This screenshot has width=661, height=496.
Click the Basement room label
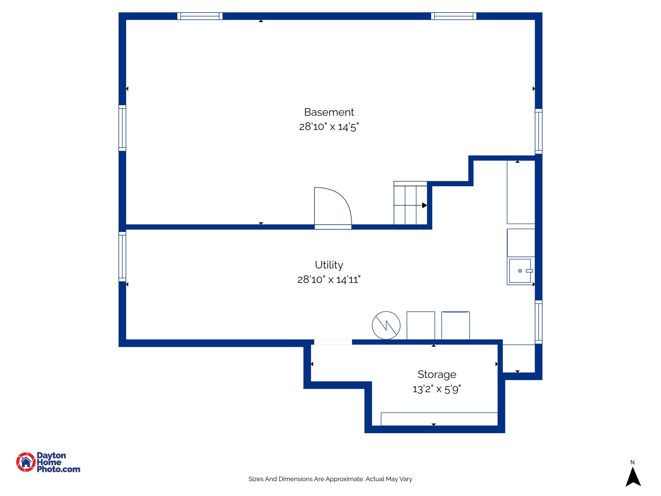point(329,112)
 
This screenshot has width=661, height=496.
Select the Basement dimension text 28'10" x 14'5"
point(329,127)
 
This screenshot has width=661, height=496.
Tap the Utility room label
point(329,265)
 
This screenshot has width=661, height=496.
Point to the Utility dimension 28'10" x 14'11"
point(329,279)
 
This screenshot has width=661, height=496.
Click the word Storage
point(437,374)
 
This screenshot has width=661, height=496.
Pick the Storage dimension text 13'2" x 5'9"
point(437,389)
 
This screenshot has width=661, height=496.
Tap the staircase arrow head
point(424,205)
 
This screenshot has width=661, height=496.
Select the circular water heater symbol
point(386,325)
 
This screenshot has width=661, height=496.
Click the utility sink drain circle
point(520,271)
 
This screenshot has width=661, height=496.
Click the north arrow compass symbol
point(633,477)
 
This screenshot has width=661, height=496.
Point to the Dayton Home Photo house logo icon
point(26,462)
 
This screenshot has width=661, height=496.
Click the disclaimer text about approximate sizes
point(330,479)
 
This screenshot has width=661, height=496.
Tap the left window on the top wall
point(200,16)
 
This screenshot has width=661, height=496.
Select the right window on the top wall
point(453,16)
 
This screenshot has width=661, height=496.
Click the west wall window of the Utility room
point(122,256)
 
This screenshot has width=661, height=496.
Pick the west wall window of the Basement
point(122,128)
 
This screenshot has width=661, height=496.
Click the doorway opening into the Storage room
point(333,342)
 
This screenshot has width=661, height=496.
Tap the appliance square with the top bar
point(455,325)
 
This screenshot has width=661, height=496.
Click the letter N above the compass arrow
point(633,462)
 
